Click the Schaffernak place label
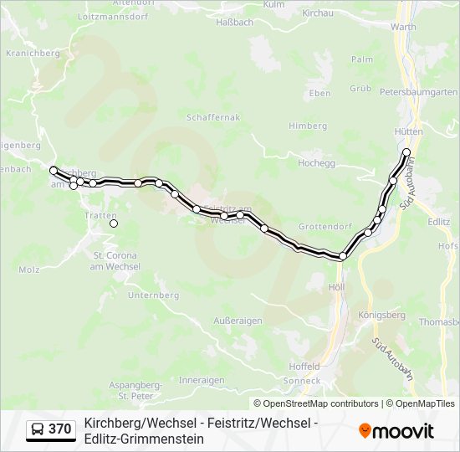click(x=215, y=118)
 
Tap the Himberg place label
click(x=308, y=126)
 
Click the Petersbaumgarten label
click(x=428, y=90)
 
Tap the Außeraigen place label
click(x=238, y=321)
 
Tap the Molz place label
click(x=28, y=270)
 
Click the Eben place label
click(x=319, y=93)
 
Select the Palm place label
click(x=362, y=59)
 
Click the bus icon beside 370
click(x=38, y=430)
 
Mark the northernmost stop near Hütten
click(x=406, y=152)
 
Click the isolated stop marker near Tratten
click(x=114, y=223)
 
